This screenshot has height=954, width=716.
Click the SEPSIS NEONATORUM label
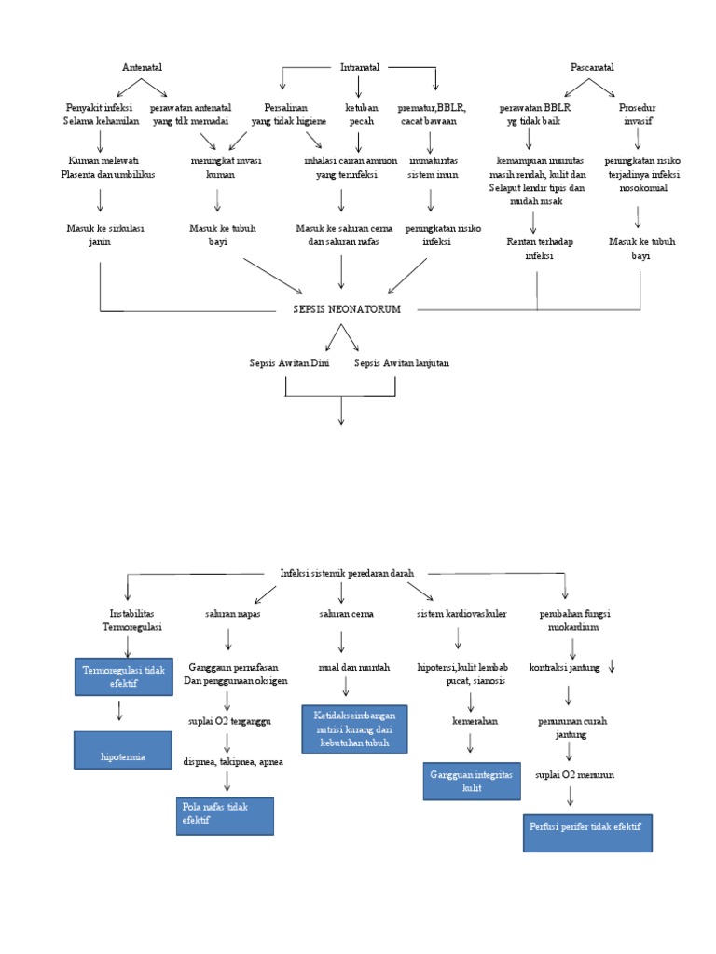click(x=346, y=309)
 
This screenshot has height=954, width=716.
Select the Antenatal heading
click(x=142, y=67)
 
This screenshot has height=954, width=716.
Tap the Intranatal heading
click(x=360, y=67)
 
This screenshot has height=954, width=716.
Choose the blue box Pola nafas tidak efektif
click(x=225, y=815)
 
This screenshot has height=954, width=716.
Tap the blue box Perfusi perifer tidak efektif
click(x=587, y=832)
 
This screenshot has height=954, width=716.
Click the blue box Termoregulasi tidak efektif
click(x=123, y=675)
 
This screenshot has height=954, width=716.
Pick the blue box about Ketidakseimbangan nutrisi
click(x=354, y=729)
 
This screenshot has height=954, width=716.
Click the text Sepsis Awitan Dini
click(x=289, y=362)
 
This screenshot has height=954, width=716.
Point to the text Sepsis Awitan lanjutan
click(x=402, y=362)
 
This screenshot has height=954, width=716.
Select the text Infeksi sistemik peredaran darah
click(x=347, y=573)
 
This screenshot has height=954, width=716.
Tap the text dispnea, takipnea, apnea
click(x=233, y=761)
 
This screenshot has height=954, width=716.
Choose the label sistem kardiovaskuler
click(x=461, y=614)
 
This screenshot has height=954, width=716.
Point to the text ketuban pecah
click(x=362, y=115)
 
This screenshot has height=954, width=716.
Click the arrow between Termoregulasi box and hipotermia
click(x=119, y=710)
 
